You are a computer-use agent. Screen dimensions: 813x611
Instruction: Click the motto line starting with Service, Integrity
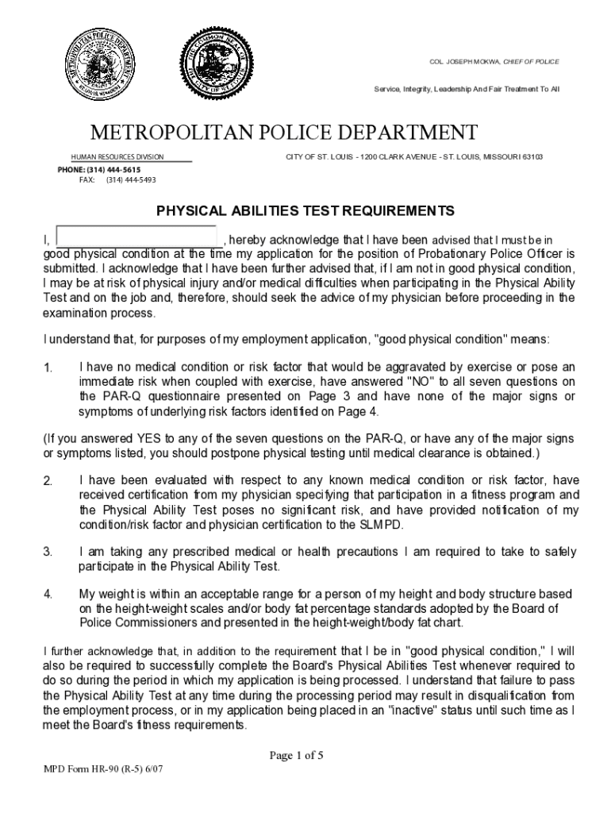coord(467,90)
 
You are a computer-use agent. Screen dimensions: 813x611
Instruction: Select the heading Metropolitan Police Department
coord(283,132)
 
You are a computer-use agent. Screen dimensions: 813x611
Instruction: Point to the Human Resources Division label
coord(117,157)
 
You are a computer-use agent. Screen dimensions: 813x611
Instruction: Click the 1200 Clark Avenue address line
coord(414,157)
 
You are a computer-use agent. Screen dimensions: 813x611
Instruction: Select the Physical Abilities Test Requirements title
coord(305,211)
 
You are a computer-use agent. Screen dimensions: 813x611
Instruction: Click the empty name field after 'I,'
coord(137,237)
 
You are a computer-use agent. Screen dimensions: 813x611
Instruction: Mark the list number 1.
coord(48,368)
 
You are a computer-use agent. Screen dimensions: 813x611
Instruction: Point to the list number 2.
coord(48,481)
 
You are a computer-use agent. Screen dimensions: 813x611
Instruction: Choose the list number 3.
coord(48,552)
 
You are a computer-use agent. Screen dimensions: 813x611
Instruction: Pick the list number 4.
coord(48,595)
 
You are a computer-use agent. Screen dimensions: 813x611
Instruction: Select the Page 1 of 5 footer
coord(296,756)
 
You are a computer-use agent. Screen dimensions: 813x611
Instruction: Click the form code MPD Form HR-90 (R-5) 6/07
coord(104,769)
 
